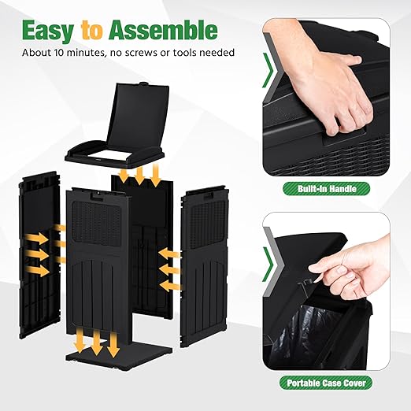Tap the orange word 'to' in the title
[91, 31]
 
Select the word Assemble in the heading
[163, 30]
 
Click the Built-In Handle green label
[327, 188]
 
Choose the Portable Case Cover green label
[326, 383]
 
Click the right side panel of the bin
[204, 263]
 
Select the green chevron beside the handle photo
[268, 70]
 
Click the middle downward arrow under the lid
[139, 175]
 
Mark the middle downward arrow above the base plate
[97, 342]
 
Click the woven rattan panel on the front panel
[97, 224]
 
